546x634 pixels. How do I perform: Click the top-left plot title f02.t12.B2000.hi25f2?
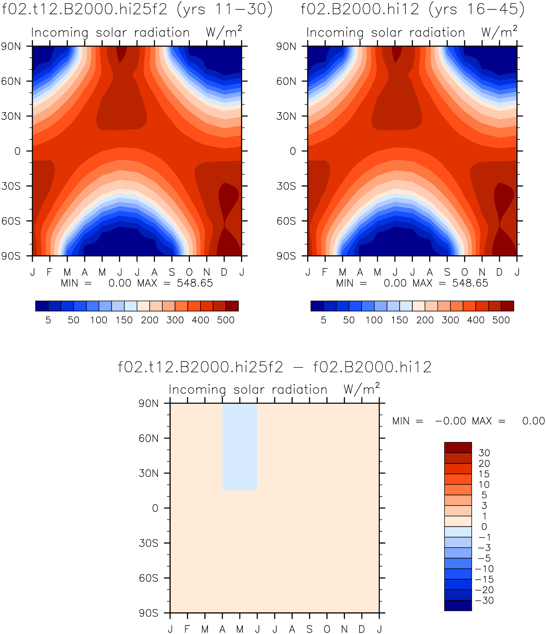tap(85, 9)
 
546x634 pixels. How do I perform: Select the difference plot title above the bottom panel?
tap(274, 367)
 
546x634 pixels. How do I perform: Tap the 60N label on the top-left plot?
tap(11, 81)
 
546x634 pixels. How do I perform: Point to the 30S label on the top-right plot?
tap(286, 186)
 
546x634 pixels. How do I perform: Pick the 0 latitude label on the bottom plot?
tap(155, 508)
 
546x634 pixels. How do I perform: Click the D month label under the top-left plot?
tap(224, 272)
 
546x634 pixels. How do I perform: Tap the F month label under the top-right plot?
tap(325, 272)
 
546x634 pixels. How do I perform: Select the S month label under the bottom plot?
tap(310, 629)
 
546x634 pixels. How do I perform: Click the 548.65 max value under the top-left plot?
tap(195, 283)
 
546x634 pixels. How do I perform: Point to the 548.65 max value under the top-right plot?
tap(470, 283)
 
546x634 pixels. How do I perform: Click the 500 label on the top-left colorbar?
tap(226, 320)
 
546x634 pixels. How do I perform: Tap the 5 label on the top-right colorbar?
tap(324, 320)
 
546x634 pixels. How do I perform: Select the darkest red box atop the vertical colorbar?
tap(458, 447)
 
